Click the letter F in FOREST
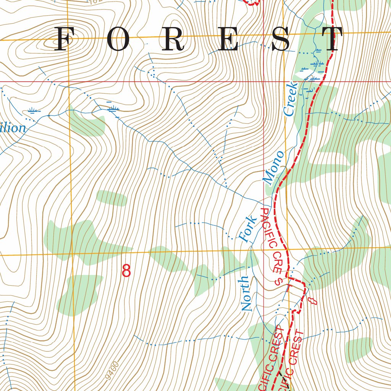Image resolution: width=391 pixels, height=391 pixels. click(x=63, y=39)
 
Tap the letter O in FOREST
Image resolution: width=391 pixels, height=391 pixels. click(x=119, y=39)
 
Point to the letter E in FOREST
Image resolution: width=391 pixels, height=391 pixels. click(x=229, y=39)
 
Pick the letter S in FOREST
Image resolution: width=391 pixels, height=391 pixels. click(x=281, y=39)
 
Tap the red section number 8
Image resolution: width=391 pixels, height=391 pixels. click(x=126, y=271)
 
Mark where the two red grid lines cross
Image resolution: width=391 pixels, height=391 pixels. click(x=264, y=82)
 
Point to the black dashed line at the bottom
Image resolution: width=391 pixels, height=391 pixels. click(x=281, y=376)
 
